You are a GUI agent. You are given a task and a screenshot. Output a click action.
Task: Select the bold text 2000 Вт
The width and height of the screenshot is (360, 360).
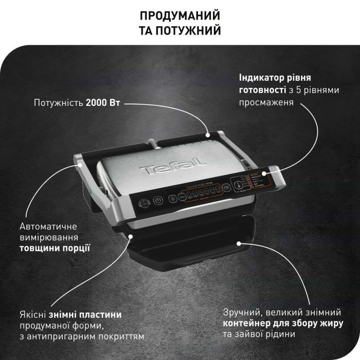(103, 103)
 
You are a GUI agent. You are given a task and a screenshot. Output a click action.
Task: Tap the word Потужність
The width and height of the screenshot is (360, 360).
(58, 103)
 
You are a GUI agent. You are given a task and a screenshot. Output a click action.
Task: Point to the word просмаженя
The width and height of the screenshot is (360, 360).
(266, 102)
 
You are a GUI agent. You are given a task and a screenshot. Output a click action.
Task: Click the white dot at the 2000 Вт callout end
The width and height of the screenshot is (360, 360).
(208, 135)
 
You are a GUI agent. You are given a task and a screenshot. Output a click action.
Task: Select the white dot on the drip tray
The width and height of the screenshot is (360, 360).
(239, 242)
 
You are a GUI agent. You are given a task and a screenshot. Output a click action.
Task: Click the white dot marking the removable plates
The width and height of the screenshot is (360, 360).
(132, 237)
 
